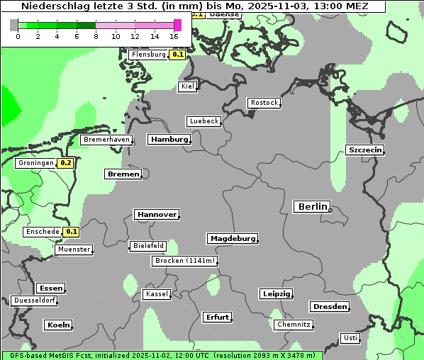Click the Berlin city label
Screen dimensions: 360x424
click(x=311, y=207)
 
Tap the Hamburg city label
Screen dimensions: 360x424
click(x=169, y=140)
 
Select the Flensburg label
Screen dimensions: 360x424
click(x=148, y=55)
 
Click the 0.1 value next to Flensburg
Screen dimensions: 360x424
click(x=178, y=55)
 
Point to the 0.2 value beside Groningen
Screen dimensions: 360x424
click(x=66, y=163)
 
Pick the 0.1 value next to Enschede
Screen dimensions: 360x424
click(x=72, y=232)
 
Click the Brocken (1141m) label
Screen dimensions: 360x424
click(x=183, y=261)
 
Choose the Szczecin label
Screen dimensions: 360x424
click(x=365, y=150)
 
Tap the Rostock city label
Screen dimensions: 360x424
click(x=264, y=103)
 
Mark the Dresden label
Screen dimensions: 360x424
click(x=329, y=307)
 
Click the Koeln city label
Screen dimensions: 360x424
click(x=58, y=325)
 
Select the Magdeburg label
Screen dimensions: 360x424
click(x=232, y=239)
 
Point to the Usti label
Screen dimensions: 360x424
click(x=350, y=338)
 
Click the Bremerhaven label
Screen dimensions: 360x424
click(x=106, y=140)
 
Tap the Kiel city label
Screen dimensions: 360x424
click(x=187, y=86)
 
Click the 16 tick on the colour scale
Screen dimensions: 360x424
click(x=174, y=36)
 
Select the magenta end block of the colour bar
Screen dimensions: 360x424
click(x=177, y=25)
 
